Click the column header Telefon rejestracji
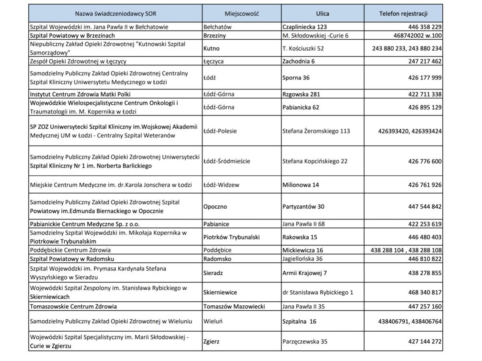coord(403,13)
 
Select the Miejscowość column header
coord(242,13)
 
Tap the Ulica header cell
coord(322,13)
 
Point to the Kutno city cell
coord(212,49)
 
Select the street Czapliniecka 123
coord(305,27)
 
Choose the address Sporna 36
coord(296,78)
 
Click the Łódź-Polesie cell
coord(220,131)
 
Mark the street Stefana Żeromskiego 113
coord(316,131)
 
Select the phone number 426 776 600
coord(425,161)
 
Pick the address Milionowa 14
coord(301,185)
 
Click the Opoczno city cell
coord(215,207)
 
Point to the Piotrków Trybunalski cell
coord(231,237)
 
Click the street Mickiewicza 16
coord(303,250)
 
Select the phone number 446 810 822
coord(425,259)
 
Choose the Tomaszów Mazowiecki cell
coord(234,306)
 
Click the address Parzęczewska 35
coord(305,342)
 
